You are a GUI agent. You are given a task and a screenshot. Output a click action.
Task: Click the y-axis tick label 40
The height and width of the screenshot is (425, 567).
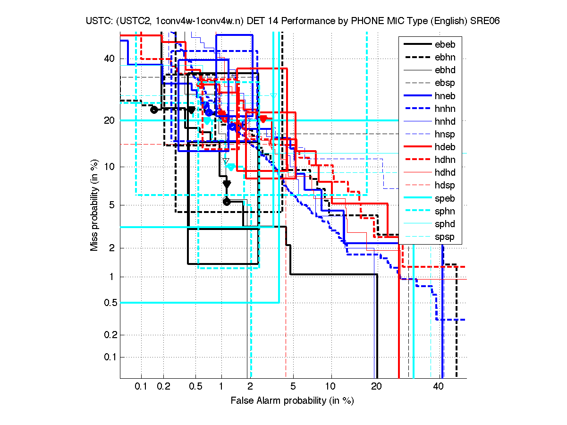point(109,59)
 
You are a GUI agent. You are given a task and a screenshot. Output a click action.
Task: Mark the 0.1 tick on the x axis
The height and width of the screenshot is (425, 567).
point(141,386)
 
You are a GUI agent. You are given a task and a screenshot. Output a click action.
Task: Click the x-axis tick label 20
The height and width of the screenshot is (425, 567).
point(376,386)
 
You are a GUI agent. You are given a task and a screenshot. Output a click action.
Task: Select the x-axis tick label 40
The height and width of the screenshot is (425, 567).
point(439,386)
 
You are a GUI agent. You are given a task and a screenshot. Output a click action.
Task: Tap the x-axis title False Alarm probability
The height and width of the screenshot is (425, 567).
point(292,401)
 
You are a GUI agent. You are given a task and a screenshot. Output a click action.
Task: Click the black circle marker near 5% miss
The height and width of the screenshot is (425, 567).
point(227,202)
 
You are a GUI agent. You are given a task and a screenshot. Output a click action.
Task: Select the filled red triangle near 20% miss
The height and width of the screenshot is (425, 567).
point(263,118)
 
